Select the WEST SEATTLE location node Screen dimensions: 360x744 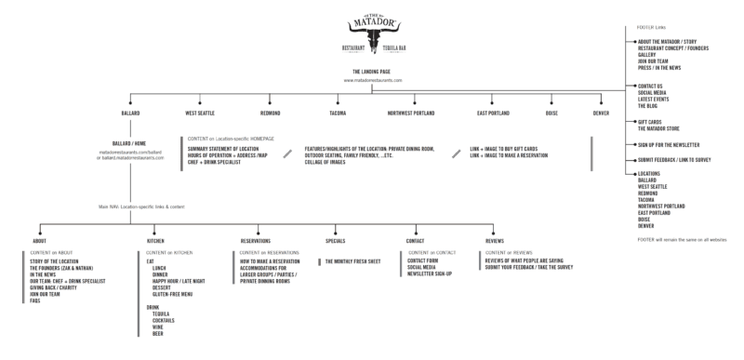(x=202, y=113)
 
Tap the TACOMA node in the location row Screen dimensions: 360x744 (x=338, y=113)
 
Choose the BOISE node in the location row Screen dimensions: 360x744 (x=551, y=113)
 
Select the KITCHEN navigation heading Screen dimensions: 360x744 (x=155, y=240)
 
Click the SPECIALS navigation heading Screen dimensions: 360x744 (x=337, y=240)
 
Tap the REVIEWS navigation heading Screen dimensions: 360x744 (x=495, y=240)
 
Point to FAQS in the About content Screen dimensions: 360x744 (x=35, y=301)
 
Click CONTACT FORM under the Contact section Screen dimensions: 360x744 (x=423, y=262)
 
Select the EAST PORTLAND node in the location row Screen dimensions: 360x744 (x=493, y=113)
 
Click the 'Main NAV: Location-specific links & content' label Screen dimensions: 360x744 (x=139, y=207)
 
